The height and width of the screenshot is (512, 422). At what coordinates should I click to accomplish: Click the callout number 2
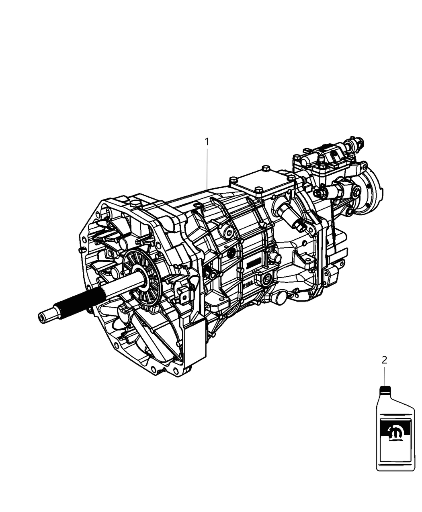[x=384, y=360]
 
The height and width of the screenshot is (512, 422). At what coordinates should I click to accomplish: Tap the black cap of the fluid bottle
[x=385, y=389]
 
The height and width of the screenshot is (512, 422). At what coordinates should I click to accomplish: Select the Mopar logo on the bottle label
[x=394, y=434]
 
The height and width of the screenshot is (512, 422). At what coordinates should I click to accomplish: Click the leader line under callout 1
[x=207, y=169]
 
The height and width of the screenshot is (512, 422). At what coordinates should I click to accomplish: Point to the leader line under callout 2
[x=384, y=375]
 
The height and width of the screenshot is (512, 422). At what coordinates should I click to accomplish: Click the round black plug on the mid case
[x=231, y=253]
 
